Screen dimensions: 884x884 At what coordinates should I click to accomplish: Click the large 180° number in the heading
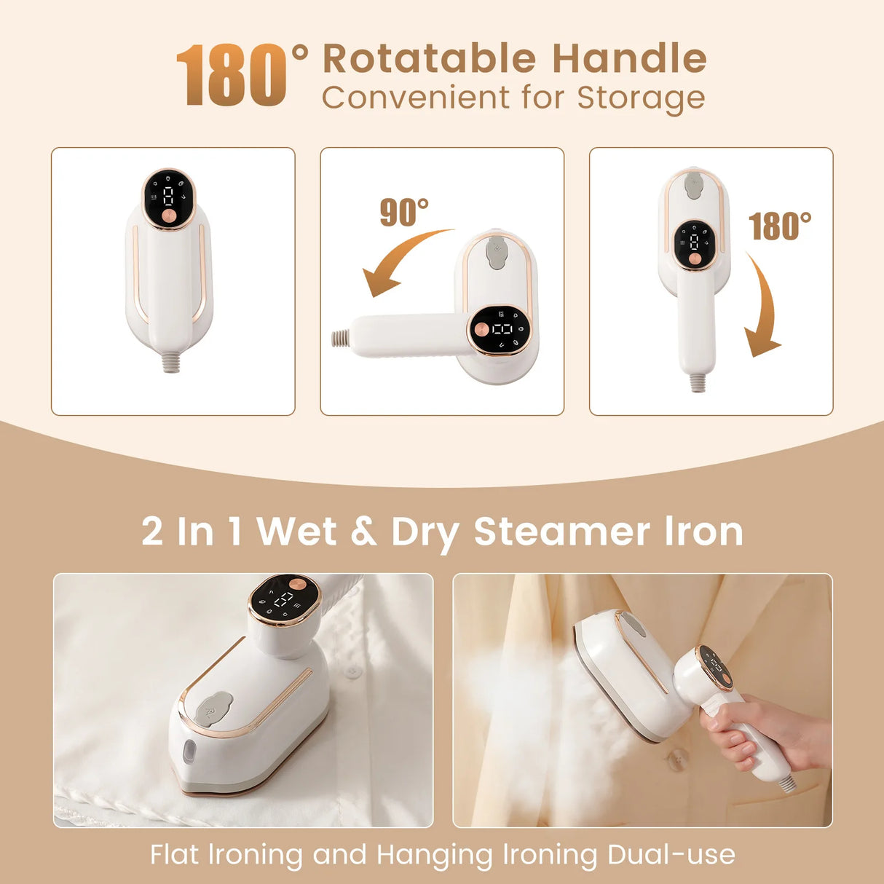[x=232, y=75]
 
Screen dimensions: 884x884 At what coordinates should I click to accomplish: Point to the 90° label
[x=404, y=213]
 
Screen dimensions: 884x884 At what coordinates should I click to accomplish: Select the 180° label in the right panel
[x=780, y=226]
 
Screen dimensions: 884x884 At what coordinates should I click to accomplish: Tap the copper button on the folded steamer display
[x=169, y=217]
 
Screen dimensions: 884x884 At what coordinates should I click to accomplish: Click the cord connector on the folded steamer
[x=172, y=362]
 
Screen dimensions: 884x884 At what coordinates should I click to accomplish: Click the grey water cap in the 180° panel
[x=695, y=185]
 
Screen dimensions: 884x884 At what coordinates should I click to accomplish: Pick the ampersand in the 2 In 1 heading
[x=363, y=531]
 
